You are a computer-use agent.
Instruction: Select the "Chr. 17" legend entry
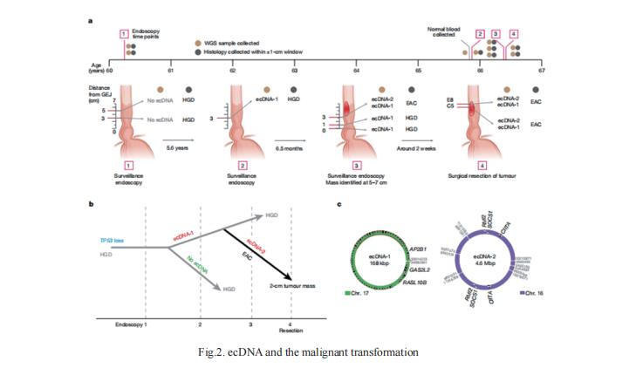(356, 302)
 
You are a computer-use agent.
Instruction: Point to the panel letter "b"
(92, 204)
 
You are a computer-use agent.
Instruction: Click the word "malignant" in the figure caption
(332, 351)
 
